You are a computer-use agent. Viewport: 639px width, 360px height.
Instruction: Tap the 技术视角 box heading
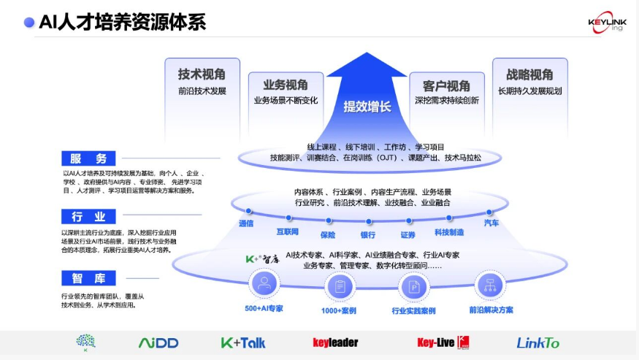click(202, 74)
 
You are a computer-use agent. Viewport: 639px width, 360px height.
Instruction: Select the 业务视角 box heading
click(286, 85)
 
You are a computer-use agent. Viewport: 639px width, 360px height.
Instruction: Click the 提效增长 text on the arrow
click(367, 107)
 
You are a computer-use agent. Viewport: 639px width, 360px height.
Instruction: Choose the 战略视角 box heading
click(529, 74)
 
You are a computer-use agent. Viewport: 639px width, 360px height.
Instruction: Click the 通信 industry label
click(246, 223)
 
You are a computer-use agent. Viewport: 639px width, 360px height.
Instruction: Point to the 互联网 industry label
click(287, 231)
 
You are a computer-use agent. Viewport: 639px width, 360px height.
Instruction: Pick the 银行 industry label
click(367, 235)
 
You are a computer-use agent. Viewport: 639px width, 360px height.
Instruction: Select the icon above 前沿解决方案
click(489, 285)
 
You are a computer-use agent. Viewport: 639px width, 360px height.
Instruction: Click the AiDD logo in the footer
click(158, 342)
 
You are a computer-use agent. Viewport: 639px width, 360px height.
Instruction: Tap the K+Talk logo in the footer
click(243, 342)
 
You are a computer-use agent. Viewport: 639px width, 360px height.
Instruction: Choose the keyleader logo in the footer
click(335, 342)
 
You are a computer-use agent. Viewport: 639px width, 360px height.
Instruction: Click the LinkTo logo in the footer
click(537, 342)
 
